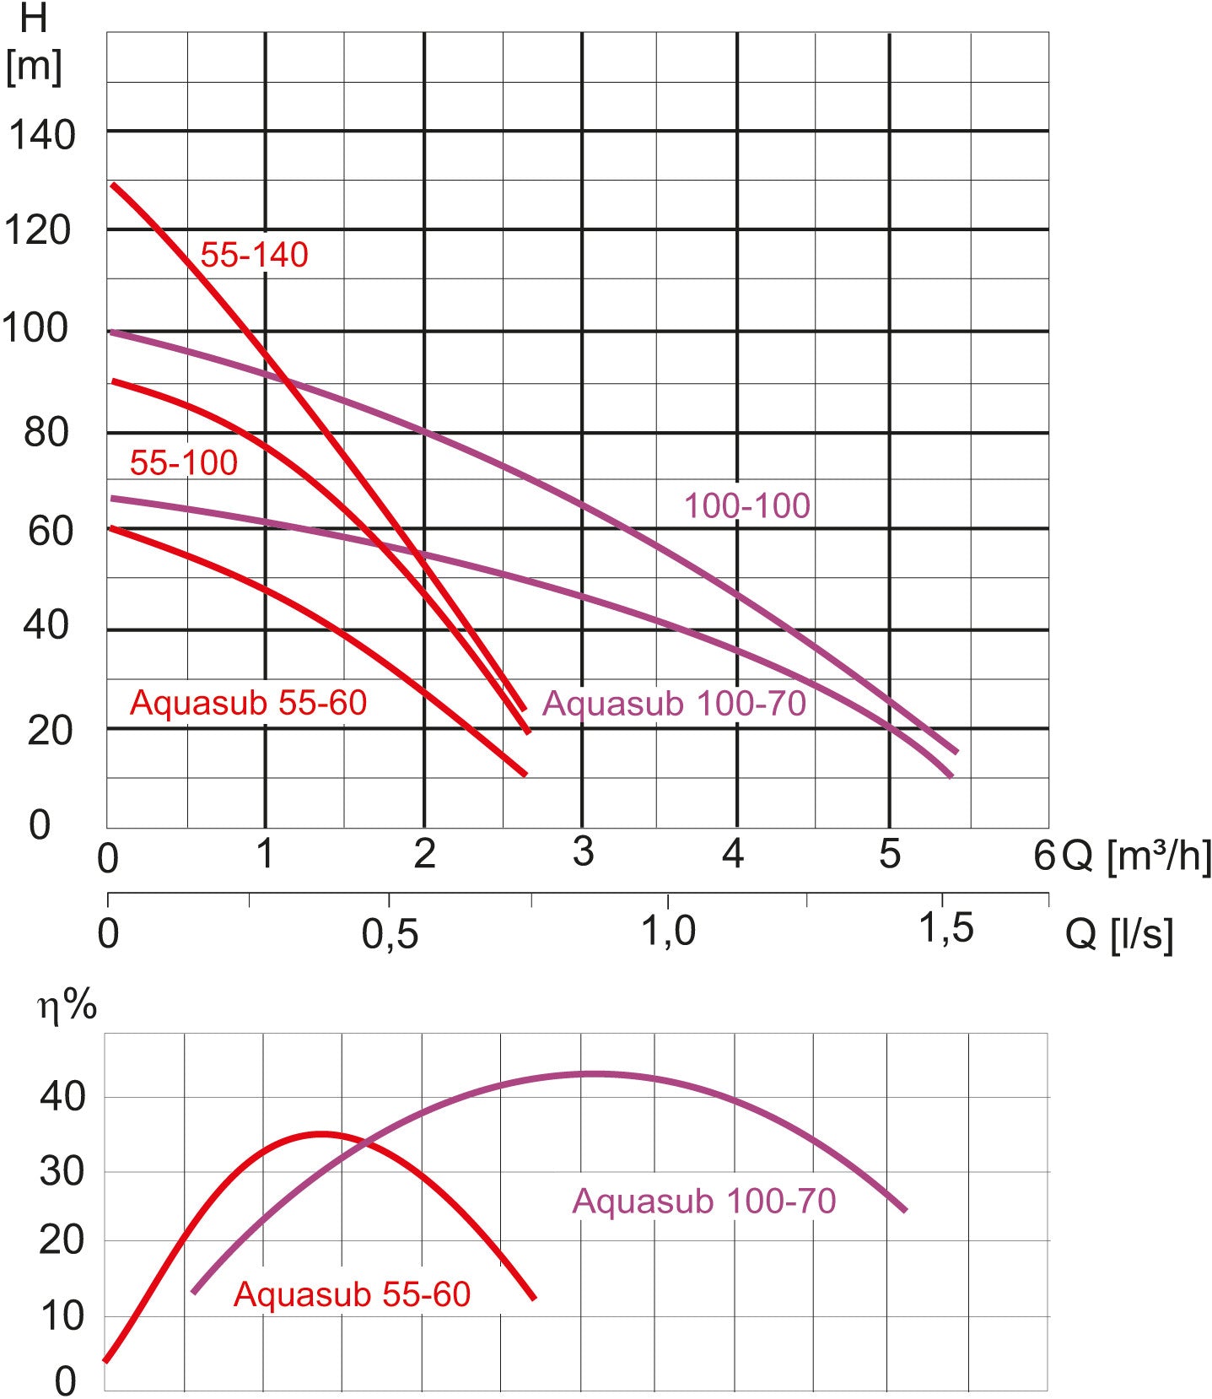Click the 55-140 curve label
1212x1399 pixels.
click(254, 255)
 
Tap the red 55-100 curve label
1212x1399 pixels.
click(183, 462)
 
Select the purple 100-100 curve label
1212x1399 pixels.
click(746, 505)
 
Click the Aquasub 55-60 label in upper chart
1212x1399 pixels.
click(248, 702)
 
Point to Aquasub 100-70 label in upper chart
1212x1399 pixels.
click(674, 703)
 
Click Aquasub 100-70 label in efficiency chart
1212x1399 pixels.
click(704, 1200)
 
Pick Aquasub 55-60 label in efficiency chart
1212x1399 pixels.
click(352, 1294)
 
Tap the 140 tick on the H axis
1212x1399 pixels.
click(42, 135)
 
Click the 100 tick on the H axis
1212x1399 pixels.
click(35, 328)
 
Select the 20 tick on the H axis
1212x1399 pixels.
click(50, 731)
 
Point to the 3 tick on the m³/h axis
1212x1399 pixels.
click(583, 852)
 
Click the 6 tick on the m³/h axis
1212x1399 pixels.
click(1044, 856)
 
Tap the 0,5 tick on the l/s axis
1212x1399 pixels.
click(390, 933)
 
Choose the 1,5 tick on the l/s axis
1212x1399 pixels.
click(945, 928)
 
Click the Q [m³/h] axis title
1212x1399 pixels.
click(1136, 856)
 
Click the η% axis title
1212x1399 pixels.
click(67, 1006)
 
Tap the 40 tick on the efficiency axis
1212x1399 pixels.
click(62, 1097)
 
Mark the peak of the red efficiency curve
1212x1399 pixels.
click(321, 1134)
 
